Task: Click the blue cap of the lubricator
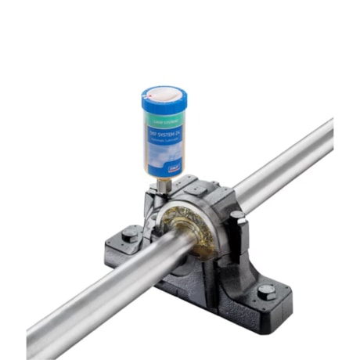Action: [x=164, y=103]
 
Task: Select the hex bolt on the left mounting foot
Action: [x=129, y=234]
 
